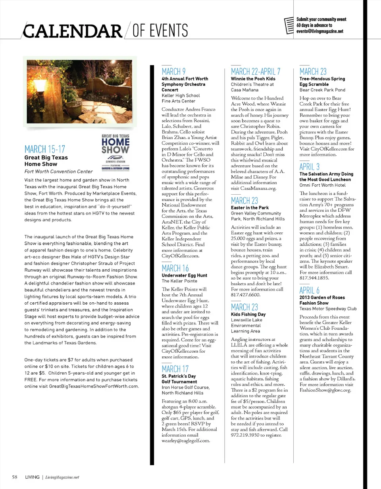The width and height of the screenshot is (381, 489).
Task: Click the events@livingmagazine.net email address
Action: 319,31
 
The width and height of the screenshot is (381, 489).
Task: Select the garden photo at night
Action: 79,91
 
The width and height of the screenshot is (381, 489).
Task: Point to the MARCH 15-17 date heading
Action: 44,149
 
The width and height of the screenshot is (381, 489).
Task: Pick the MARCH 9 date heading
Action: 173,72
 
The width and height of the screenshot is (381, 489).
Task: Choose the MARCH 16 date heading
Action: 175,268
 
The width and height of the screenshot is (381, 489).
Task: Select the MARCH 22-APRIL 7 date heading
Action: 256,72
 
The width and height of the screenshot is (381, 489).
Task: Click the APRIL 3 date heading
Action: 310,166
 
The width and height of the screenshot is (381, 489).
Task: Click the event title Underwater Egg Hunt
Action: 184,275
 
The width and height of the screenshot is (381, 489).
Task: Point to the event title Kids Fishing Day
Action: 248,314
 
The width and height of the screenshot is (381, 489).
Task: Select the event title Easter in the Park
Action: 250,207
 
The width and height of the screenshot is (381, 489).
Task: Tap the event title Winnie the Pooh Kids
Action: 253,79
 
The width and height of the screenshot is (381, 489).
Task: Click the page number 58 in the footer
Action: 14,477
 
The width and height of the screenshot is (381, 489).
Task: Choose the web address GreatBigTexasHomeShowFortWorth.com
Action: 94,386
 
